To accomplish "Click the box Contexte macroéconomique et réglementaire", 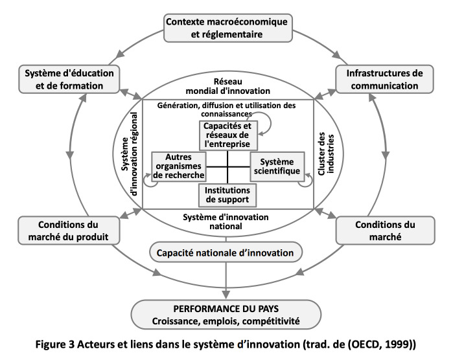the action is (228, 28).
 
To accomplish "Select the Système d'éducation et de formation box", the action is (69, 79).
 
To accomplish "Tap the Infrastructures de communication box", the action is (384, 79).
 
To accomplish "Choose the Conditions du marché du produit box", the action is (69, 231).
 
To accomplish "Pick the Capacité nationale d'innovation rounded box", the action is (226, 253).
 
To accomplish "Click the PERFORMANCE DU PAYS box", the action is (226, 315).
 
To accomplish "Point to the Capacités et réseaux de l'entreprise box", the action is (228, 135).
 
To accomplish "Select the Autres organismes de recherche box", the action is (179, 166).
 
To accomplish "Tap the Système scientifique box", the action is (277, 166).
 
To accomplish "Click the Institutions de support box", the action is (227, 195).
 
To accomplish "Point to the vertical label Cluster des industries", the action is (326, 153).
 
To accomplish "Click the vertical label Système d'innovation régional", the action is (130, 154).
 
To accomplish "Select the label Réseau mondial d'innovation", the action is (228, 86).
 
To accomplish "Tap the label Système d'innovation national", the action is (226, 221).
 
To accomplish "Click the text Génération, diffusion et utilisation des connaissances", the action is (227, 109).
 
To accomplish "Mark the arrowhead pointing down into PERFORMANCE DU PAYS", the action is (226, 295).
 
